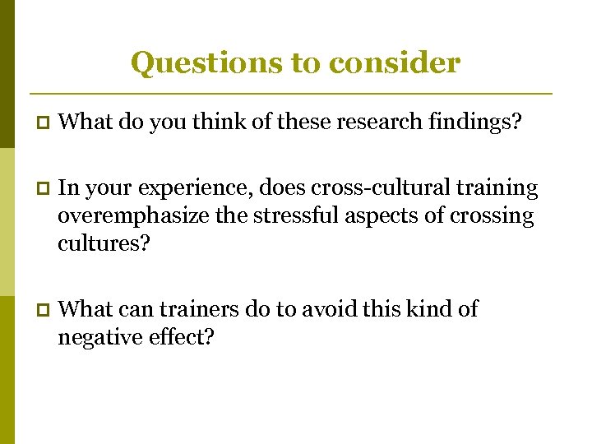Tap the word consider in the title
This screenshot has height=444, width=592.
point(395,63)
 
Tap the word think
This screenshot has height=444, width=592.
point(219,123)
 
